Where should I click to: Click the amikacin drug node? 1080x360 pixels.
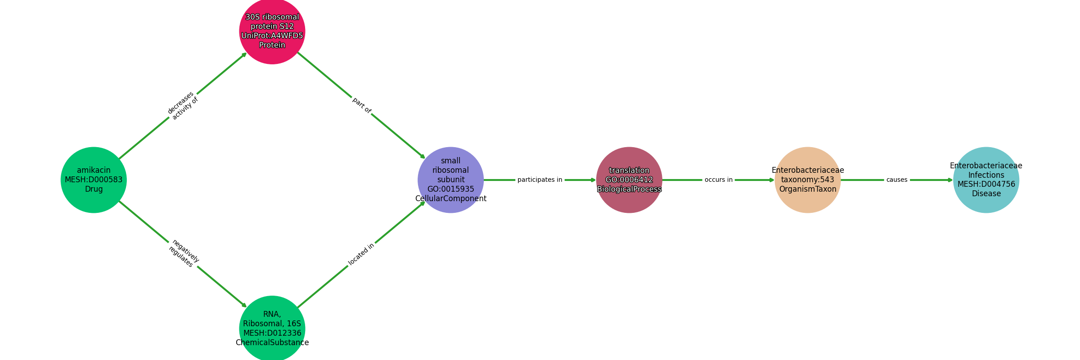94,180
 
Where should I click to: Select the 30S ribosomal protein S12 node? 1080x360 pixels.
272,31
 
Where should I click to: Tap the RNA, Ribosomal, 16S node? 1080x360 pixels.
272,328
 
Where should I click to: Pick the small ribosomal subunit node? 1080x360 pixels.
451,180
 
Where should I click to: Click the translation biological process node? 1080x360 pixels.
629,180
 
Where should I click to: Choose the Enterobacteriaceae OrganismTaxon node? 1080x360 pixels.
808,180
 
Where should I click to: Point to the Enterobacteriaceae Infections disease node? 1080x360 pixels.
986,180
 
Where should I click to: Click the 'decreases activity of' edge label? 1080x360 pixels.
183,106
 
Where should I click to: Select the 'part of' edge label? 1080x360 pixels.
362,105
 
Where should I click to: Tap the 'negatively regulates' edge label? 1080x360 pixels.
184,254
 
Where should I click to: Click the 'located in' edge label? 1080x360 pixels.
361,255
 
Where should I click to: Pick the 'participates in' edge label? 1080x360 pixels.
540,180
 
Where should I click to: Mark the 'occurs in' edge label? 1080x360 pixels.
719,180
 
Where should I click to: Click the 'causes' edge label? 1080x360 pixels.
897,180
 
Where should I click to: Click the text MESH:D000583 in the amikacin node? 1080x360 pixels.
94,180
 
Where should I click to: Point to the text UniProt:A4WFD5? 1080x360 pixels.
272,36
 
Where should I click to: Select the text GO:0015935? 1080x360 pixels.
451,189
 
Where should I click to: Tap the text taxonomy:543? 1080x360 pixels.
808,180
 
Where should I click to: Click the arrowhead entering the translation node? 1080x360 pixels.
594,180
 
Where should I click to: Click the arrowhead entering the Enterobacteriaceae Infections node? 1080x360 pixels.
950,180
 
